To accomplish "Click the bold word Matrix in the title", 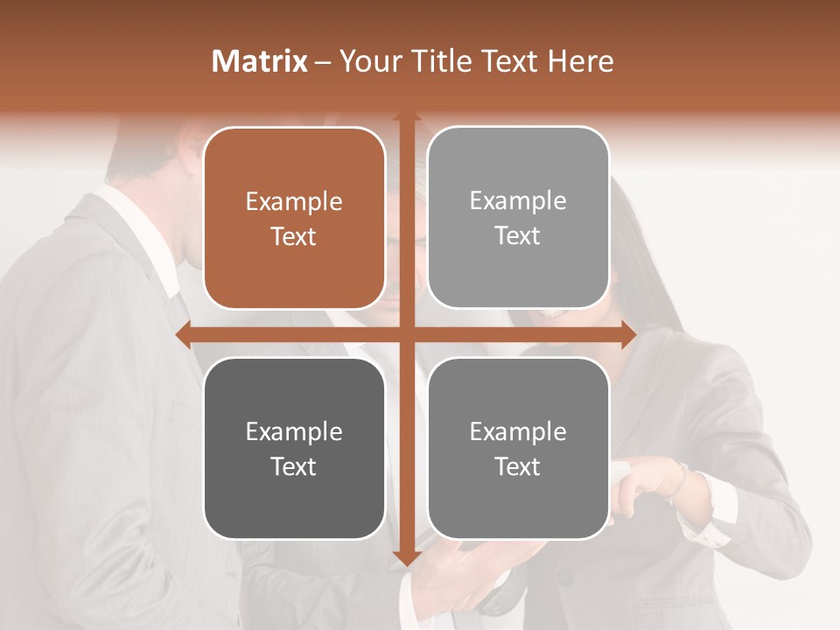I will [x=260, y=61].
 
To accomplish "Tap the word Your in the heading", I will [x=367, y=61].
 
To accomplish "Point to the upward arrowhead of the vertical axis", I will [x=406, y=116].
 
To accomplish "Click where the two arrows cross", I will [x=406, y=334].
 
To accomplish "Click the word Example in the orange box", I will [x=294, y=202].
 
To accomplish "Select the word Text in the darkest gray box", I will [x=294, y=467].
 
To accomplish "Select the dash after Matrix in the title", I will [x=323, y=62].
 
